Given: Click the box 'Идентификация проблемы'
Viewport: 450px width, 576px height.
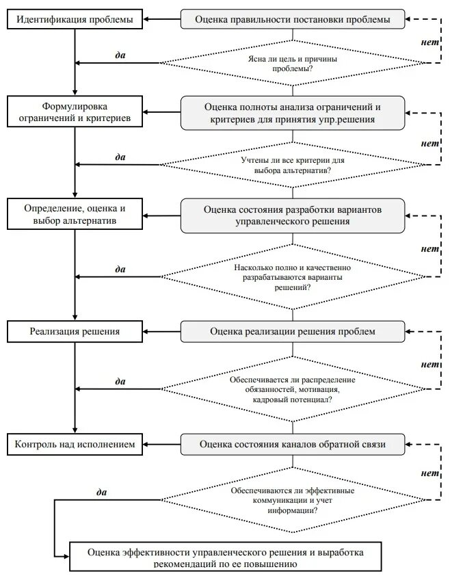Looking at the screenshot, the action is tap(75, 19).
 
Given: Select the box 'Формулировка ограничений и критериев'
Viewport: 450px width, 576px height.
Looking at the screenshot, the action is tap(75, 112).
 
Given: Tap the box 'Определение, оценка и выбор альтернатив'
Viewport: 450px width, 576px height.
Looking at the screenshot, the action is tap(75, 214).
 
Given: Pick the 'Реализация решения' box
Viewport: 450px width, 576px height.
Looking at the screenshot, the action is tap(75, 331).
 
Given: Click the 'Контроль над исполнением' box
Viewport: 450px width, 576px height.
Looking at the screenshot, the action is tap(75, 444).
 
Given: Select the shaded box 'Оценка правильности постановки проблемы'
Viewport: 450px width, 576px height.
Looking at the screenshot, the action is tap(293, 19).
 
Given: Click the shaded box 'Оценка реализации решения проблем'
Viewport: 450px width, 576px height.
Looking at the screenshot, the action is tap(293, 331).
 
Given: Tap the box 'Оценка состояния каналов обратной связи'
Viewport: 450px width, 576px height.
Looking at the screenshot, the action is tap(293, 444).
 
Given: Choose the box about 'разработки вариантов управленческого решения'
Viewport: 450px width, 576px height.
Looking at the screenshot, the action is tap(293, 215).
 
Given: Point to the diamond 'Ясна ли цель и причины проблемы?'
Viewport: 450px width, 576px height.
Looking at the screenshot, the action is tap(293, 63).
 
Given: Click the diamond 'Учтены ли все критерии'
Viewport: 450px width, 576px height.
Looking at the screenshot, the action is tap(293, 165).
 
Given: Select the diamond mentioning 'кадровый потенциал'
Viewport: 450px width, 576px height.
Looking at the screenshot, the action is tap(293, 389).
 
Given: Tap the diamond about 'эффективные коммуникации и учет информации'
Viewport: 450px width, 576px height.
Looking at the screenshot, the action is tap(293, 500).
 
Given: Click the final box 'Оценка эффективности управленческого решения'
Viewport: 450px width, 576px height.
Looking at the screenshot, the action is tap(226, 557).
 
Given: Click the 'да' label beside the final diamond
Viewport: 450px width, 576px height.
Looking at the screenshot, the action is tap(101, 493).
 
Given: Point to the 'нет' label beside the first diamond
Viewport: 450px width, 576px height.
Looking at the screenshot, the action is tap(429, 42).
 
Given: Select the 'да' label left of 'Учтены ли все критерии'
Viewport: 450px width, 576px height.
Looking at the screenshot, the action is tap(120, 157).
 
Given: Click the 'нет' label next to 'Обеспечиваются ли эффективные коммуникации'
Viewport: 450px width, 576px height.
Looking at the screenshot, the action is tap(429, 473).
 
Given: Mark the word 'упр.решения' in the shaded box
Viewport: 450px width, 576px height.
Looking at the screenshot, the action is tap(347, 120).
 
